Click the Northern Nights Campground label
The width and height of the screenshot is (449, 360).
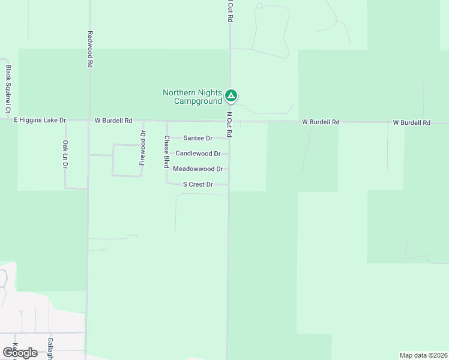click(192, 97)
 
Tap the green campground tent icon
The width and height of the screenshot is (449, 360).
click(231, 95)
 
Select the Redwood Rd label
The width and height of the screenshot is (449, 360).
click(90, 49)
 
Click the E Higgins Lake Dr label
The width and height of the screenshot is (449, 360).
click(40, 121)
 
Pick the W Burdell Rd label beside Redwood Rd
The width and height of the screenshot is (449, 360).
click(113, 121)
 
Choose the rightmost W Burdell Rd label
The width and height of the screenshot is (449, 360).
click(412, 122)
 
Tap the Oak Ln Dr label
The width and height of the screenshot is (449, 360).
click(65, 155)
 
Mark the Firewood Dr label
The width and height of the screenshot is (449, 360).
click(143, 148)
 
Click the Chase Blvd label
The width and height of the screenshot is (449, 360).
click(166, 151)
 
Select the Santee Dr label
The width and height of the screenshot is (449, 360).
click(198, 139)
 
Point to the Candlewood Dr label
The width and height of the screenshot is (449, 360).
click(198, 154)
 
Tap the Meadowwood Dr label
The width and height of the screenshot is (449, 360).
click(198, 169)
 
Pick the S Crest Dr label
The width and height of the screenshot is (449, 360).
click(198, 185)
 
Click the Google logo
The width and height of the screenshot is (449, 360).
click(20, 353)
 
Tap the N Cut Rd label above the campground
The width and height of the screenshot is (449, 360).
click(229, 12)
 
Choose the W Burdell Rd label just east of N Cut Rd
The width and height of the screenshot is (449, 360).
click(321, 122)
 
